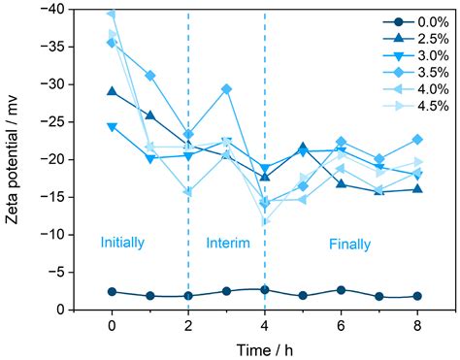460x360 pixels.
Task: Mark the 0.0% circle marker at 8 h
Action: pos(417,296)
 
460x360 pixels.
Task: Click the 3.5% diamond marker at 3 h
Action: pos(226,89)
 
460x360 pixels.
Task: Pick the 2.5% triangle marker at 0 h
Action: pos(112,92)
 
